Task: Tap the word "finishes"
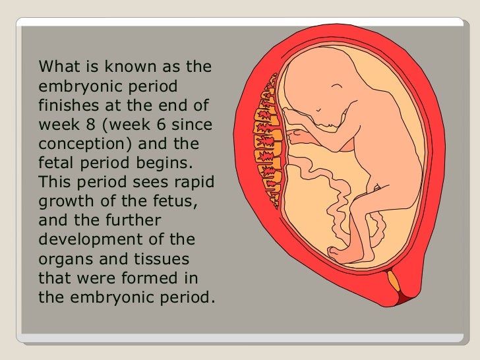tap(67, 105)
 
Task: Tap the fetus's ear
tap(339, 88)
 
